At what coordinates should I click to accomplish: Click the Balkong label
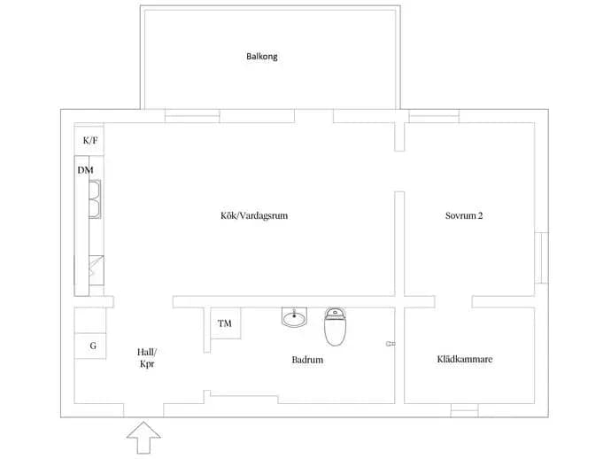pos(262,57)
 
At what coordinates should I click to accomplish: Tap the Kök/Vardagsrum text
pos(254,215)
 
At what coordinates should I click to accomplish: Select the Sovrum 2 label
pos(464,215)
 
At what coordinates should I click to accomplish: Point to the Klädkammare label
pos(465,359)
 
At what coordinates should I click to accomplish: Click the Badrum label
pos(307,360)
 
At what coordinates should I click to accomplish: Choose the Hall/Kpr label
pos(147,358)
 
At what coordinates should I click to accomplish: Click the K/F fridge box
pos(89,140)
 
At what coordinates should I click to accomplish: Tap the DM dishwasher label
pos(85,170)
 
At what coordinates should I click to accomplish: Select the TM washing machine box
pos(225,323)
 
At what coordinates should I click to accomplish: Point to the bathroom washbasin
pos(294,317)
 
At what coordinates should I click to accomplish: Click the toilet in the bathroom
pos(335,327)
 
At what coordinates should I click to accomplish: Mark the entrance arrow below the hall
pos(143,438)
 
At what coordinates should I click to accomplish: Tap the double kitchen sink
pos(95,198)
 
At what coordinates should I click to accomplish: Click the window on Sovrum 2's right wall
pos(542,258)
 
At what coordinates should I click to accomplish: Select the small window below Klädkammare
pos(465,410)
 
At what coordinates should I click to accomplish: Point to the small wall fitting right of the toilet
pos(391,344)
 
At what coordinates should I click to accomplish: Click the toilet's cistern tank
pos(335,313)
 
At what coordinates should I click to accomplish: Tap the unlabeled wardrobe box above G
pos(90,320)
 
